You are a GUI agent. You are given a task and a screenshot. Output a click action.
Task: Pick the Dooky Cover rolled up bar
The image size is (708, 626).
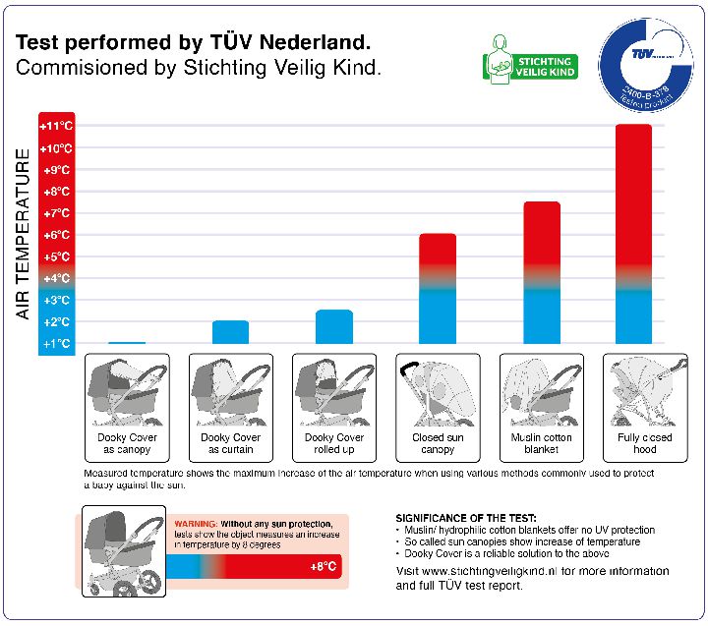click(x=334, y=326)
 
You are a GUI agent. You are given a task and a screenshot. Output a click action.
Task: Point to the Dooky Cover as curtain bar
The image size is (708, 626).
click(x=230, y=331)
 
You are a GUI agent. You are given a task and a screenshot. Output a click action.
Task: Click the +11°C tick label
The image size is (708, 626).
click(x=56, y=127)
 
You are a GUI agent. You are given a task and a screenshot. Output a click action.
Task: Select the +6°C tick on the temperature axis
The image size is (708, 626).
click(x=56, y=235)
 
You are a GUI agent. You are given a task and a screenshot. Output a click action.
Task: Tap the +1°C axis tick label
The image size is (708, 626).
click(x=56, y=344)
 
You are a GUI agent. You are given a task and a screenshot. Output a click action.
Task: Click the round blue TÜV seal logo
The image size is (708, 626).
click(x=644, y=64)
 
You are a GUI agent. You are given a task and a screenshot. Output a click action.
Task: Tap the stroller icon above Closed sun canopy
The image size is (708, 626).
click(x=438, y=392)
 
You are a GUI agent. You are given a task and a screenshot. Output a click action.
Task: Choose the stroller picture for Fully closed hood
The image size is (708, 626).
click(x=644, y=392)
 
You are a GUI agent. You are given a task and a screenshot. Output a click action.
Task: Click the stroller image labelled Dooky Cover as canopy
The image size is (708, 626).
click(x=127, y=391)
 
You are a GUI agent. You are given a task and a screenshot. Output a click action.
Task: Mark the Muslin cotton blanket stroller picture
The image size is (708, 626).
click(x=541, y=392)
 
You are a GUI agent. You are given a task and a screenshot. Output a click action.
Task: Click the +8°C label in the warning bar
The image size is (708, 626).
click(x=324, y=568)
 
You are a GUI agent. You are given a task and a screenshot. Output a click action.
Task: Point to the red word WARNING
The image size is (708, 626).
click(x=196, y=525)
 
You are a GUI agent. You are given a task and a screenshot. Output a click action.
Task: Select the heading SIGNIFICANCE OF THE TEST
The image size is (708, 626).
click(x=465, y=518)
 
